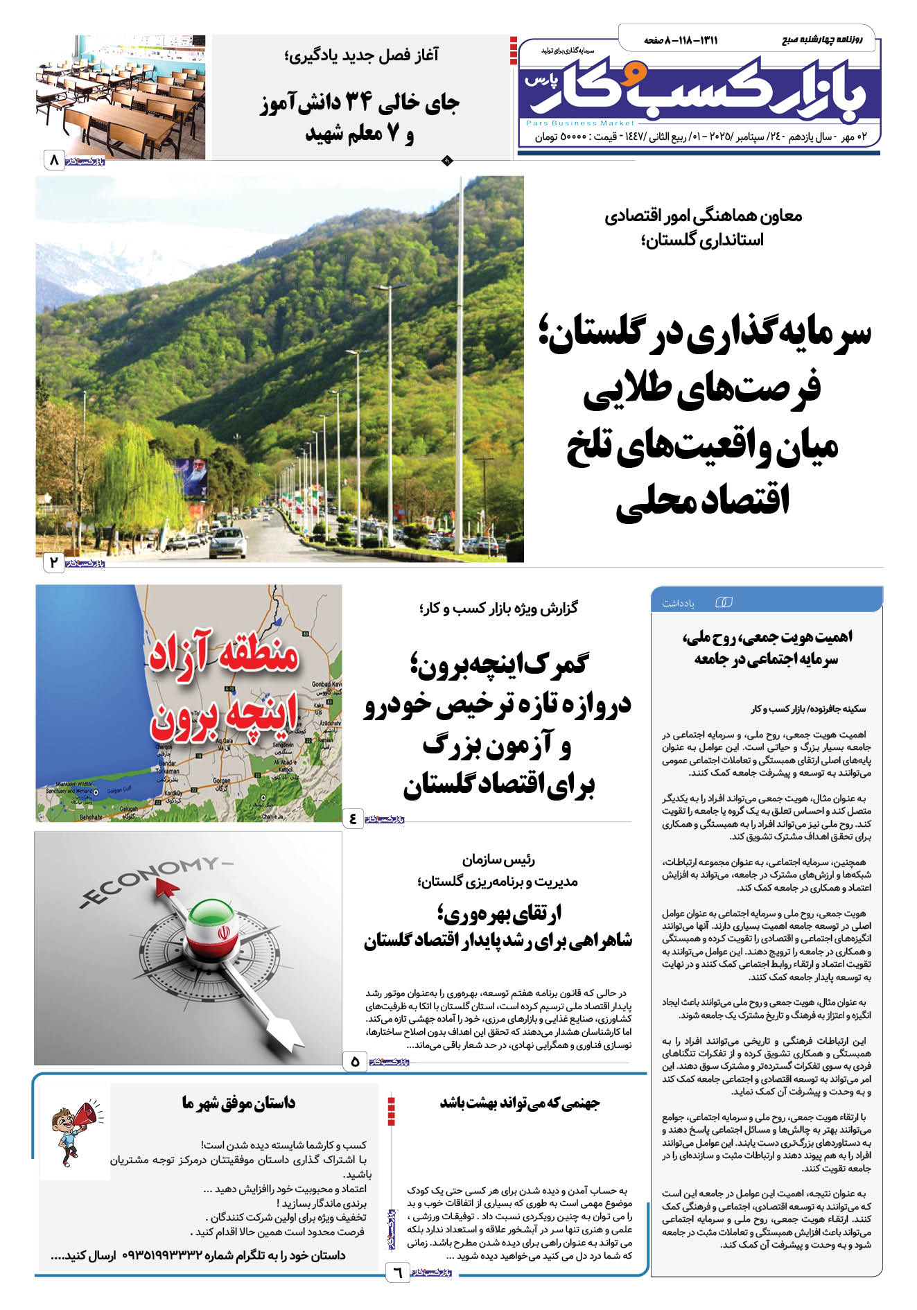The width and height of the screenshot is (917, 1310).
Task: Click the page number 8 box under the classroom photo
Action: (54, 161)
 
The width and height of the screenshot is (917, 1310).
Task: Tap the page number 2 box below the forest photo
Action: (54, 562)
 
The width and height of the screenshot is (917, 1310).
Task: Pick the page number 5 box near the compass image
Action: (355, 1060)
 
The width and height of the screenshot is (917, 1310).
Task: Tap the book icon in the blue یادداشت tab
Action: (723, 602)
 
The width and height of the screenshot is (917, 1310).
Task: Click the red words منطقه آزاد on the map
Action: (223, 656)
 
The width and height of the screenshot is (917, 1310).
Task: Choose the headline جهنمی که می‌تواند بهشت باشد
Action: (520, 1102)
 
